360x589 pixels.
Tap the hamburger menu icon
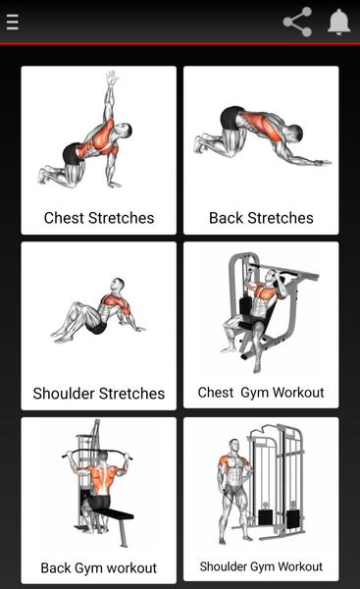(x=13, y=22)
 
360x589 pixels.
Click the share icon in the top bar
(x=297, y=22)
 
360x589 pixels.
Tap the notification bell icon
(x=339, y=22)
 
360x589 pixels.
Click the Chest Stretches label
(x=99, y=218)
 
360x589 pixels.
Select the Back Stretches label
(x=261, y=218)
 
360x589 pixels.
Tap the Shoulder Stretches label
(x=99, y=394)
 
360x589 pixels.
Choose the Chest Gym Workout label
(x=261, y=393)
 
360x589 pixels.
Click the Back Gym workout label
(x=99, y=568)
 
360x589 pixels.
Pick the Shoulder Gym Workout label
(x=261, y=566)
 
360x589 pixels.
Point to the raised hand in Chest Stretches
(x=112, y=78)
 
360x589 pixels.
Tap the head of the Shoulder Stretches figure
(x=119, y=286)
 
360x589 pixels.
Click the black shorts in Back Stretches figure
(x=230, y=117)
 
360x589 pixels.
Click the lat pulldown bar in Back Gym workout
(x=97, y=453)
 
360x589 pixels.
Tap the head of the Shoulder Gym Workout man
(x=234, y=446)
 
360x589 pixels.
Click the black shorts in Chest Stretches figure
(x=72, y=154)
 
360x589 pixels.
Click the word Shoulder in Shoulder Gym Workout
(x=223, y=566)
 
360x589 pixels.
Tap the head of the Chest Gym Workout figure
(x=270, y=276)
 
